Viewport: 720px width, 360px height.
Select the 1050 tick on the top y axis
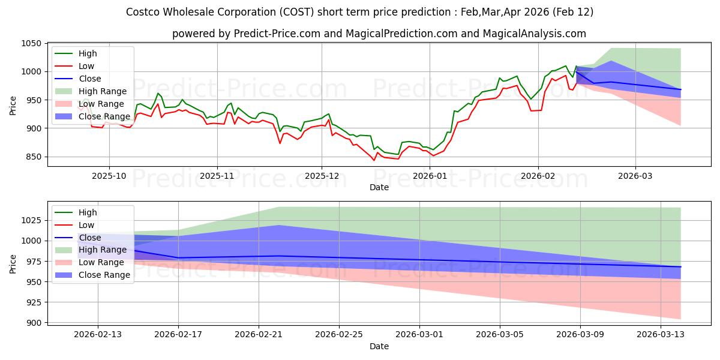point(31,44)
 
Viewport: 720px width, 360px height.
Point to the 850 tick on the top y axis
point(34,157)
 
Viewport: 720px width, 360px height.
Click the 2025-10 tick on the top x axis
point(109,176)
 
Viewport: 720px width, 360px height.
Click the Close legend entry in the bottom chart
point(90,238)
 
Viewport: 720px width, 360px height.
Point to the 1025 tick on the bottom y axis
point(31,220)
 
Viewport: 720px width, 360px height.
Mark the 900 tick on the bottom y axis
point(34,323)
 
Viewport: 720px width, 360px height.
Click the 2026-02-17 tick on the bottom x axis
point(178,335)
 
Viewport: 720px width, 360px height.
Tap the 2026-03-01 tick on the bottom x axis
point(419,335)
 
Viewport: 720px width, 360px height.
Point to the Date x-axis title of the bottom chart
point(379,346)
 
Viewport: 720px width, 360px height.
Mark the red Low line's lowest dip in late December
point(374,160)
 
